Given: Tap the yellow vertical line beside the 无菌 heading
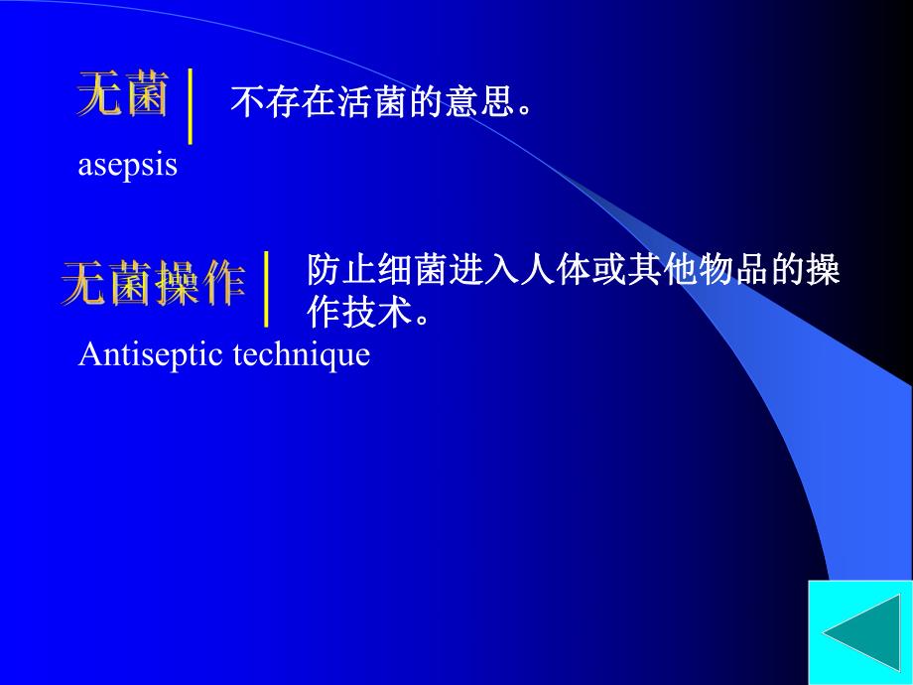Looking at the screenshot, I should pos(191,107).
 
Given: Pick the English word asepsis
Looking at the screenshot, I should pos(127,165).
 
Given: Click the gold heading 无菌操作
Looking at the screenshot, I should pos(154,284).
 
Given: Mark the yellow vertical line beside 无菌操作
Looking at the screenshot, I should pos(266,289).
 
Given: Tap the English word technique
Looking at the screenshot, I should pos(301,354).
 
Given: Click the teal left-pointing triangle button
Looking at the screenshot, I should pos(860,633).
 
